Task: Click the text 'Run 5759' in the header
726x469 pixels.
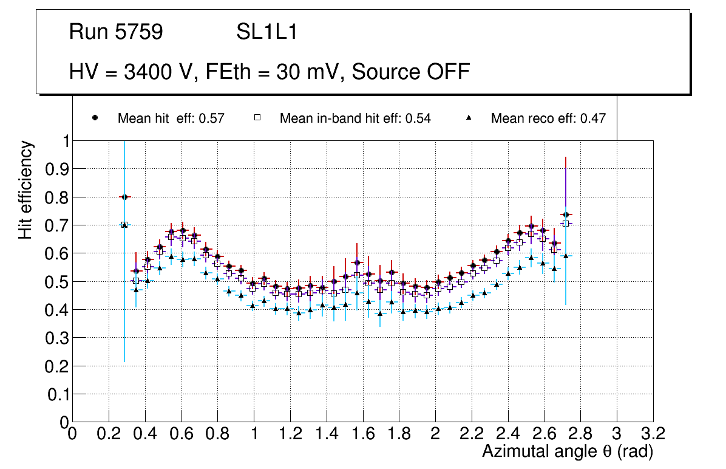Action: pos(116,32)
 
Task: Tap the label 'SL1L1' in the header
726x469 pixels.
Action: pos(266,32)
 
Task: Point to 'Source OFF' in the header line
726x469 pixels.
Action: pos(411,72)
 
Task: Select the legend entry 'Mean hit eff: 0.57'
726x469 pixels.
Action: pos(171,118)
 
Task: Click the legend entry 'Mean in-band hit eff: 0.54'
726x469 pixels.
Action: pos(355,118)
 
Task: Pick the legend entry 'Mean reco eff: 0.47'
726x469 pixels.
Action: pos(548,118)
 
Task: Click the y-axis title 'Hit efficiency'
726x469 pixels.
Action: pos(25,190)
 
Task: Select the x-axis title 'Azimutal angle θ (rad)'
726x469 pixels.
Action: pos(568,451)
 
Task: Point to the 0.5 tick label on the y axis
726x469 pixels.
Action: pos(57,281)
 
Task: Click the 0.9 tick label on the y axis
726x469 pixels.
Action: pos(57,169)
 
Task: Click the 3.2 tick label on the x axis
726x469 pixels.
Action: pos(653,434)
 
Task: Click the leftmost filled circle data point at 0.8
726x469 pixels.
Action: pos(124,197)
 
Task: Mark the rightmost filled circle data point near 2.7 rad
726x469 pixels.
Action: pos(566,215)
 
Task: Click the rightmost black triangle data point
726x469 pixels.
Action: pos(566,256)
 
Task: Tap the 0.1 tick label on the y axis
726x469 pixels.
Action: pos(57,394)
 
